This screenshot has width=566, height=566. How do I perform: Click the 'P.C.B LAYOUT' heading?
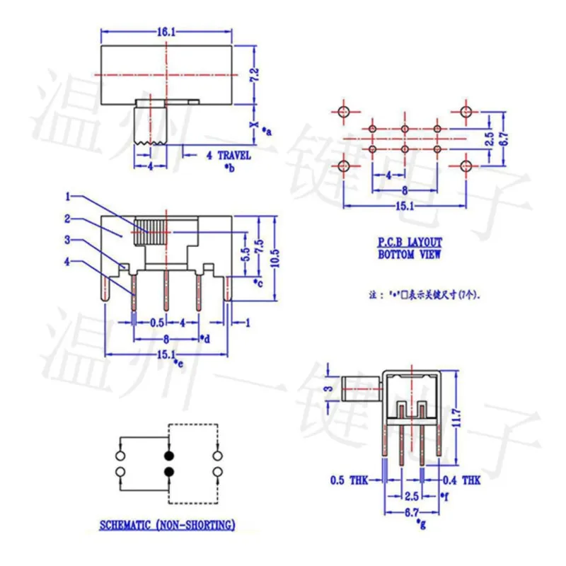[x=409, y=242]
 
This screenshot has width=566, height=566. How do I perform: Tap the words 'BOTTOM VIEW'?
[x=409, y=254]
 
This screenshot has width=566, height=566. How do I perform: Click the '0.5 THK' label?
[x=347, y=480]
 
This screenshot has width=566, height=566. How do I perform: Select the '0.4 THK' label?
[x=463, y=480]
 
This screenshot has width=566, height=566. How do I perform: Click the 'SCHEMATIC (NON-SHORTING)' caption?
[x=167, y=524]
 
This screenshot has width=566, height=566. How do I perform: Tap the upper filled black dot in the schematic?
[x=169, y=455]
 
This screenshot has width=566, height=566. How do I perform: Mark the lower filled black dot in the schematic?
[x=169, y=472]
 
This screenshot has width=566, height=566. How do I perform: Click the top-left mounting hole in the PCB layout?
[x=344, y=112]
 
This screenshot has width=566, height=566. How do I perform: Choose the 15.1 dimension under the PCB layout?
[x=404, y=205]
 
